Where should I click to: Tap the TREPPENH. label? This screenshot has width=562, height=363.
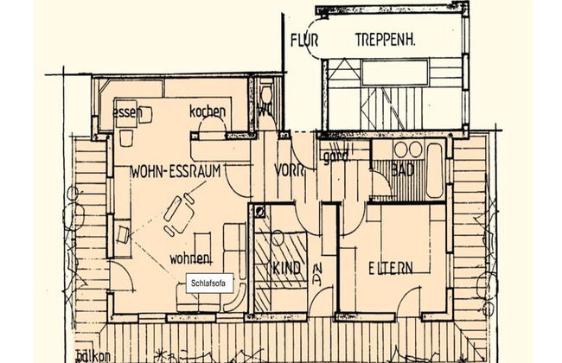pyautogui.click(x=390, y=39)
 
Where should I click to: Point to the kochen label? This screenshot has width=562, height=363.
pyautogui.click(x=208, y=111)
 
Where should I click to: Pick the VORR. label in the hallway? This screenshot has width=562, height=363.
pyautogui.click(x=291, y=170)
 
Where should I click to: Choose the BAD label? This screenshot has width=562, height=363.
pyautogui.click(x=403, y=170)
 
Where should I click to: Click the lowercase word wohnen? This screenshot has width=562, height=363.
pyautogui.click(x=191, y=258)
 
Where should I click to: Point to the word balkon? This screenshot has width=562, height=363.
pyautogui.click(x=93, y=355)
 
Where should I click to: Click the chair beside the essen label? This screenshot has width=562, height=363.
pyautogui.click(x=147, y=112)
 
